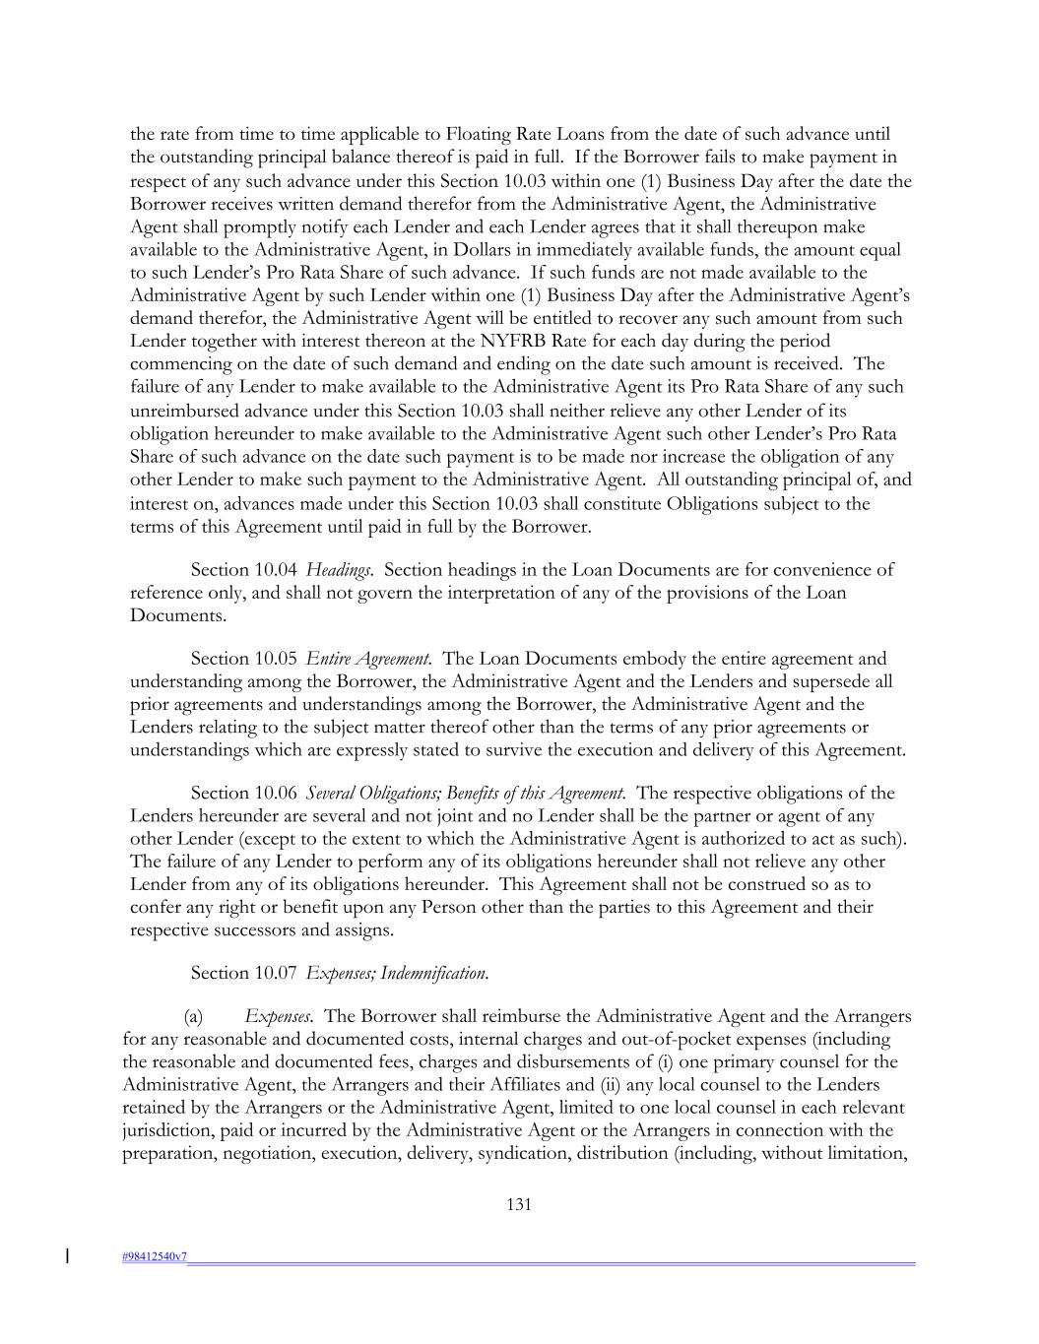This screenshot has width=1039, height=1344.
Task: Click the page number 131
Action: point(519,1204)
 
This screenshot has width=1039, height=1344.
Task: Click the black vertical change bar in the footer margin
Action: point(67,1255)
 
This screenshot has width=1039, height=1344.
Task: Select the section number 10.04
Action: point(276,570)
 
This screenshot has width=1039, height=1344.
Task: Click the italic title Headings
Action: point(339,570)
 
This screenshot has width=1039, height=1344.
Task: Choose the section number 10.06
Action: point(276,794)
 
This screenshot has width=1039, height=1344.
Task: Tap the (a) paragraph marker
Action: point(194,1016)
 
